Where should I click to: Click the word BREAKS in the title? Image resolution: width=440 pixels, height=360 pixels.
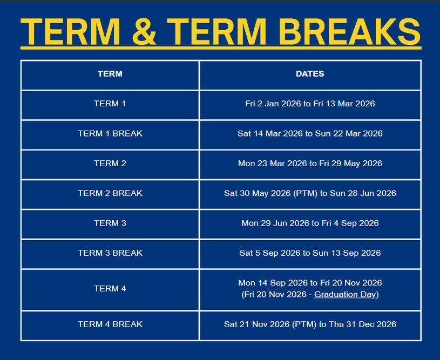pyautogui.click(x=349, y=32)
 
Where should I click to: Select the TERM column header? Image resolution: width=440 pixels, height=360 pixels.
pyautogui.click(x=110, y=74)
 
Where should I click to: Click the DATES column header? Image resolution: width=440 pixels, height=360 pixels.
pyautogui.click(x=310, y=74)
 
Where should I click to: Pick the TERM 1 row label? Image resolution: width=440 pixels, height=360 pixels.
pyautogui.click(x=110, y=104)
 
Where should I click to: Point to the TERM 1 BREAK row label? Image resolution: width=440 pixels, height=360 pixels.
pyautogui.click(x=110, y=133)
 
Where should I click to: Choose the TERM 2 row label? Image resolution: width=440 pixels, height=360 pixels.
pyautogui.click(x=110, y=163)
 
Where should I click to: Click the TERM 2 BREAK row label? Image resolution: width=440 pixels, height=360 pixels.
pyautogui.click(x=110, y=193)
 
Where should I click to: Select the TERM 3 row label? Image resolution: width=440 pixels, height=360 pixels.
pyautogui.click(x=110, y=223)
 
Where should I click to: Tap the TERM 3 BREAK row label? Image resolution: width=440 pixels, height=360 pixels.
pyautogui.click(x=110, y=253)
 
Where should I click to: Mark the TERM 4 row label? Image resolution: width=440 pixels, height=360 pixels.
pyautogui.click(x=110, y=289)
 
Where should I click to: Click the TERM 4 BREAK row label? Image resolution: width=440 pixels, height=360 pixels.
pyautogui.click(x=110, y=324)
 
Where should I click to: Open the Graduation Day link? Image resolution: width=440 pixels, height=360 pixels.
pyautogui.click(x=346, y=295)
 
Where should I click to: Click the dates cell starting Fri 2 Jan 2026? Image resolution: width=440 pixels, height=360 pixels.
pyautogui.click(x=310, y=104)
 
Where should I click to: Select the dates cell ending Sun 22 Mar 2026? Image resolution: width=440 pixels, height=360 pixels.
pyautogui.click(x=310, y=133)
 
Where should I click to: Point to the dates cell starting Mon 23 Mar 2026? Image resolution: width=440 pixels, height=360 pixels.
pyautogui.click(x=310, y=163)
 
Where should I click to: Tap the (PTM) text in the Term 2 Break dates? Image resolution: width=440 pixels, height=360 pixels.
pyautogui.click(x=306, y=193)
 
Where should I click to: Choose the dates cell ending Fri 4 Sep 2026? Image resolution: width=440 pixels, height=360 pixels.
pyautogui.click(x=310, y=223)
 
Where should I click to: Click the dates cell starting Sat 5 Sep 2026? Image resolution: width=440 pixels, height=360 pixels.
pyautogui.click(x=310, y=253)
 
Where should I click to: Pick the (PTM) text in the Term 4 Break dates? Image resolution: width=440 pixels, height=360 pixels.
pyautogui.click(x=306, y=324)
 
